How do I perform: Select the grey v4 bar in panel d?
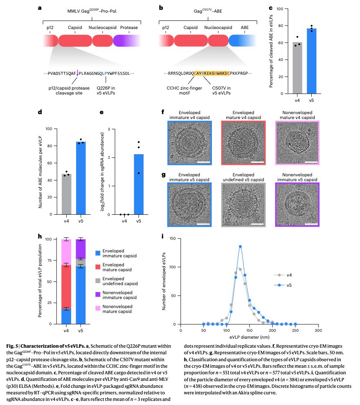(65, 194)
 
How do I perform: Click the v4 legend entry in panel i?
(281, 275)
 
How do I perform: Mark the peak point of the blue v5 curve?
(240, 246)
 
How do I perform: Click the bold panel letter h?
(39, 236)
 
